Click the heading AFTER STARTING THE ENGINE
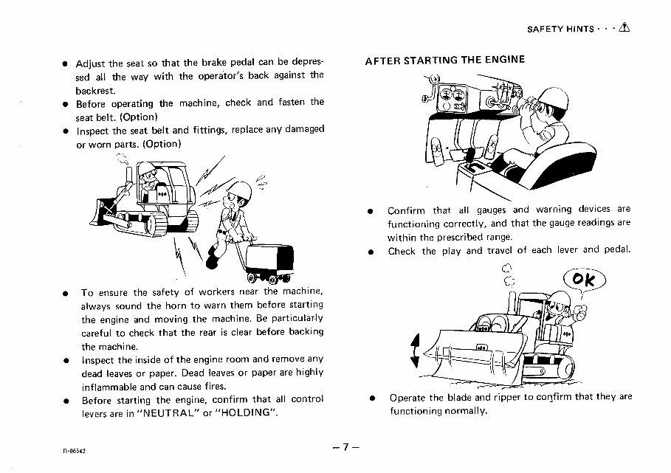[x=445, y=61]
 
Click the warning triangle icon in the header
[x=625, y=28]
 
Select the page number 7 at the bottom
[x=344, y=447]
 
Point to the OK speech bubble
[x=582, y=281]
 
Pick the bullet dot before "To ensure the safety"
[x=66, y=292]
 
